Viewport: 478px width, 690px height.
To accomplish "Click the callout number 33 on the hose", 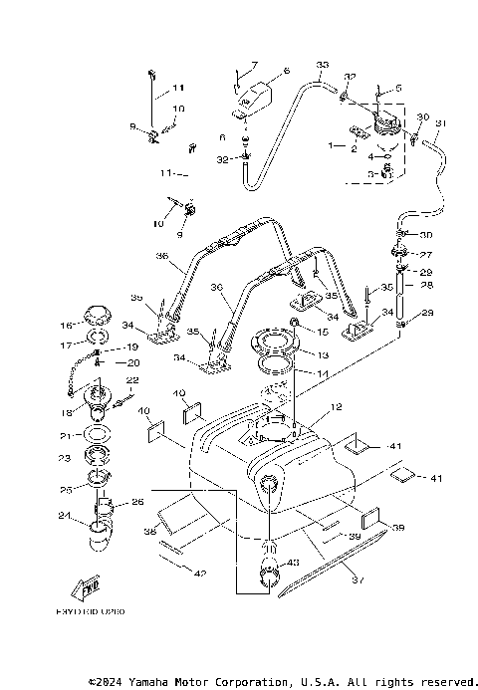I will point(322,66).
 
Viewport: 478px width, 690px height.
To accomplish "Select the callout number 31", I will point(441,123).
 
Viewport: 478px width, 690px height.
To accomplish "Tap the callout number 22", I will point(131,380).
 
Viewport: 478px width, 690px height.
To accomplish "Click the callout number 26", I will point(137,502).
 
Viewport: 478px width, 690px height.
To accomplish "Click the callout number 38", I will point(150,533).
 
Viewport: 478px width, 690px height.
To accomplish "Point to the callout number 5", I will point(398,88).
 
